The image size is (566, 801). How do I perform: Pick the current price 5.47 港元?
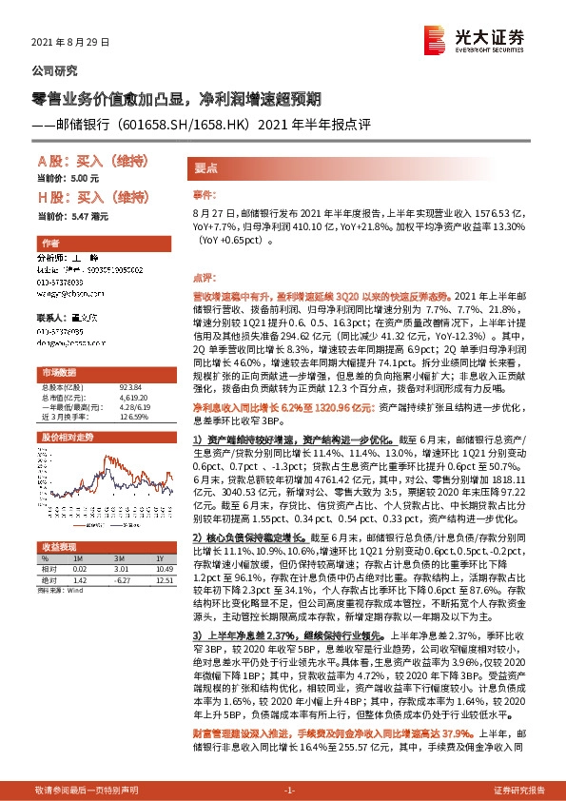(75, 217)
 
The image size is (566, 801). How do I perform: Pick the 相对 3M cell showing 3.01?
(119, 569)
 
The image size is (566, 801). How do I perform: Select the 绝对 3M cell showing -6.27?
(119, 578)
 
